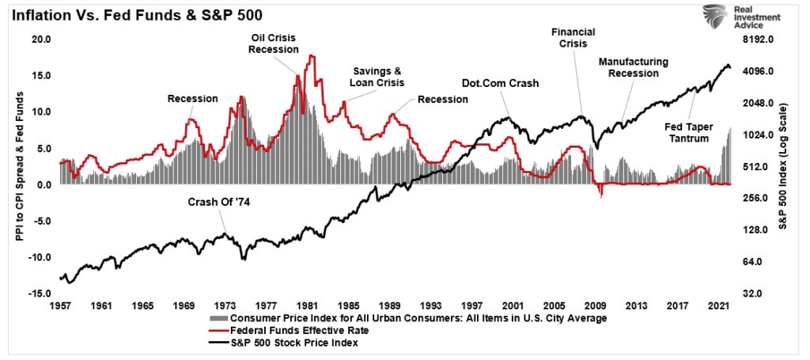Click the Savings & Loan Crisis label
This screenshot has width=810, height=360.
pos(377,77)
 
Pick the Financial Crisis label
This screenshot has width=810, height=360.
pos(573,39)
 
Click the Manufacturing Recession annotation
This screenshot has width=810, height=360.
pos(634,67)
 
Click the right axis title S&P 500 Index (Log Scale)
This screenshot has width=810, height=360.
pos(784,166)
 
